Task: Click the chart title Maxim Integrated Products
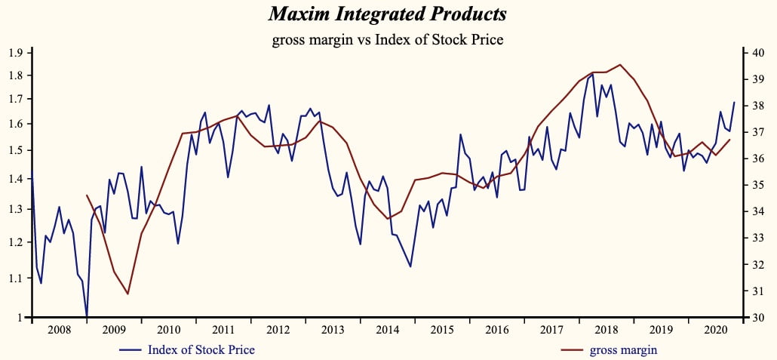387,14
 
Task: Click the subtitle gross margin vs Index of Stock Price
387,39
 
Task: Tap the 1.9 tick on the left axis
15,53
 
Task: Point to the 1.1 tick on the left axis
15,278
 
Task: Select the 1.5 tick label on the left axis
15,151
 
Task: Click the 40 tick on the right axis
759,53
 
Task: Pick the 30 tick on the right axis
759,318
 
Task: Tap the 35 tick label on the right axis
759,185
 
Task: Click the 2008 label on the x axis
59,331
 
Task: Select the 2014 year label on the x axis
388,331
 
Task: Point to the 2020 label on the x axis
716,331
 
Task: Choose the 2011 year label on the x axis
223,331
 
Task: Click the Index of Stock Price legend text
201,349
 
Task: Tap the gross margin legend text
623,349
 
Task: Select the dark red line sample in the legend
571,350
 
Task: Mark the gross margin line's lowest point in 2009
128,294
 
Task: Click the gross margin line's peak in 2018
620,65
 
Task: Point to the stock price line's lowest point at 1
87,316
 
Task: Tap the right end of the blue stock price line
734,103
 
